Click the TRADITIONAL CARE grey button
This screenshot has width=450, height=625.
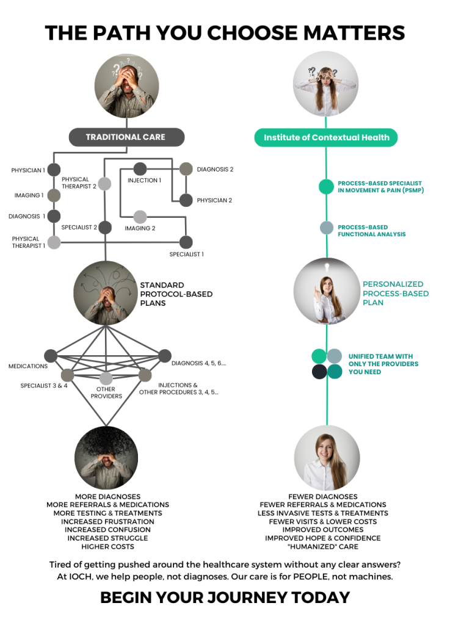(125, 137)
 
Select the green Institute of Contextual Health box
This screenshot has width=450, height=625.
(326, 137)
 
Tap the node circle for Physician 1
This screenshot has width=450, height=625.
(54, 170)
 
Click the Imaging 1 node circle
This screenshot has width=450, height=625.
(54, 195)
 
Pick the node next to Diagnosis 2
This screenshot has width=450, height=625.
(186, 169)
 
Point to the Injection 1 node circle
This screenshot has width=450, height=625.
(140, 169)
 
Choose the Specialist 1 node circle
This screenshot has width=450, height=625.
(186, 242)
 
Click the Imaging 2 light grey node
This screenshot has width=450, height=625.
(140, 217)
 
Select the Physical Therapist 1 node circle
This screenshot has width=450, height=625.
(54, 242)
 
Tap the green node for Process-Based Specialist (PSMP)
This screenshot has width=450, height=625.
(326, 187)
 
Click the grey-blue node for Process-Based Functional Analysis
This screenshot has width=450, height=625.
(327, 228)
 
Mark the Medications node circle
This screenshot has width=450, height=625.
(51, 356)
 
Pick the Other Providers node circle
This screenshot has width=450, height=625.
(106, 378)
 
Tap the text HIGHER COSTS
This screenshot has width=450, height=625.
(107, 546)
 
